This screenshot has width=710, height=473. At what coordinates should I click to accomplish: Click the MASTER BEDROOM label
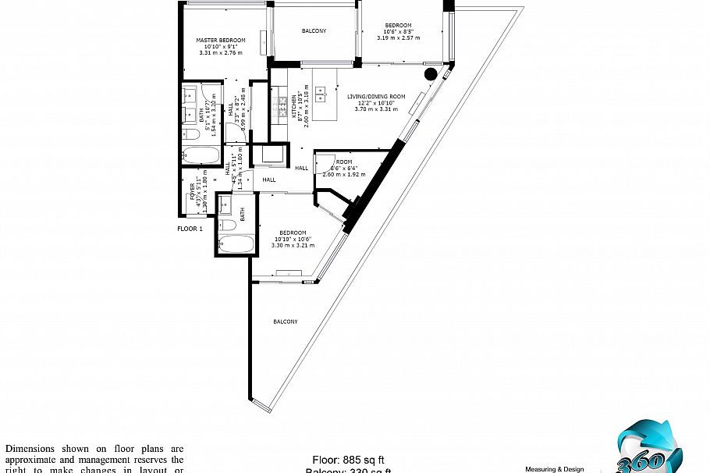(x=221, y=41)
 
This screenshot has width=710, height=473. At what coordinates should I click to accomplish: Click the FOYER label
(x=193, y=190)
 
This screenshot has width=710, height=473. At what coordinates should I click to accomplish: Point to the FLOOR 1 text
(x=190, y=229)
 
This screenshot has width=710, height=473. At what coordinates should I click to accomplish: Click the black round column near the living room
(x=430, y=74)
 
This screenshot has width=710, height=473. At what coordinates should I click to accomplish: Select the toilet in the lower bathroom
(x=229, y=226)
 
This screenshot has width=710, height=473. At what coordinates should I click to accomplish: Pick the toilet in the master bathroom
(x=190, y=135)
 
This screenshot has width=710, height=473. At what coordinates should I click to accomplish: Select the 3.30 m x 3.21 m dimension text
(x=293, y=245)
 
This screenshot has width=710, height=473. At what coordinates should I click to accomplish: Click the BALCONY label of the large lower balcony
(x=285, y=322)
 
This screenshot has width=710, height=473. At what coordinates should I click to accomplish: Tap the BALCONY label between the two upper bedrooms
(x=314, y=31)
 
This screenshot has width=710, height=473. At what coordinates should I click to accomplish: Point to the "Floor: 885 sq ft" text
(x=349, y=459)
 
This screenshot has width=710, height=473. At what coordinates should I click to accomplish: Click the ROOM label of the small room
(x=344, y=162)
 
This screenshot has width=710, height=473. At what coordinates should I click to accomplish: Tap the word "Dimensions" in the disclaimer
(x=30, y=449)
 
